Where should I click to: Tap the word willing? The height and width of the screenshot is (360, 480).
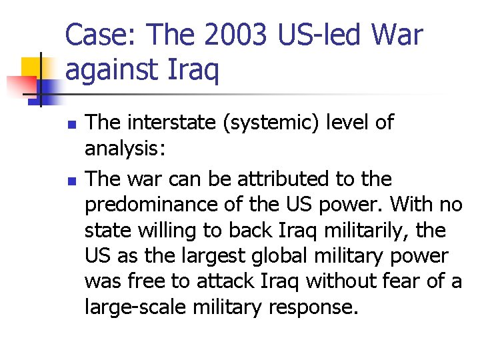click(169, 230)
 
